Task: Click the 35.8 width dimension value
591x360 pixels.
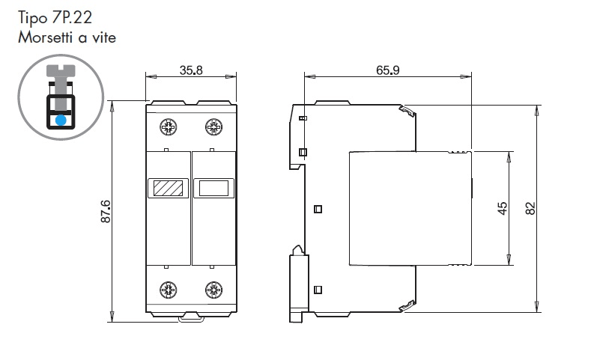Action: (x=191, y=70)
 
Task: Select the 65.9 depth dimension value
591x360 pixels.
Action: (x=388, y=70)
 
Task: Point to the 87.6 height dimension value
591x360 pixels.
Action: (x=106, y=211)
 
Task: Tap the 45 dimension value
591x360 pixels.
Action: (x=503, y=208)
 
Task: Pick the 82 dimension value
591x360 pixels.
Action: (x=530, y=208)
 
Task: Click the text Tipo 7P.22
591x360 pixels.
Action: (x=55, y=18)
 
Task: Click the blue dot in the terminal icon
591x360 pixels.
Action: (x=61, y=120)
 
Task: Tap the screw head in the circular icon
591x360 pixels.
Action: (x=61, y=70)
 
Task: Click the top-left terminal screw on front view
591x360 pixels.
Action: (x=168, y=127)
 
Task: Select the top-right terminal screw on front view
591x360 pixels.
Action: (x=213, y=127)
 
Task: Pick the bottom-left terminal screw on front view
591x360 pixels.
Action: (x=168, y=290)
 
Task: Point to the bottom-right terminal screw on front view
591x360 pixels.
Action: (x=213, y=290)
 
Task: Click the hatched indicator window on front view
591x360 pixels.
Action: (x=168, y=188)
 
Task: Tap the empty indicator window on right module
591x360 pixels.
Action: (x=213, y=188)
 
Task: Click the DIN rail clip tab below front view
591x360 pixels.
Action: (x=192, y=319)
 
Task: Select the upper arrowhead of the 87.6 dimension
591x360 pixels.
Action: (x=112, y=106)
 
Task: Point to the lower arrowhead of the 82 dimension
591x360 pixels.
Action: (x=537, y=306)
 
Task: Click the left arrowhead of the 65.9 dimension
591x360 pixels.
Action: (x=310, y=77)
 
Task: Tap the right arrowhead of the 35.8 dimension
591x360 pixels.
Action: (x=231, y=77)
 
